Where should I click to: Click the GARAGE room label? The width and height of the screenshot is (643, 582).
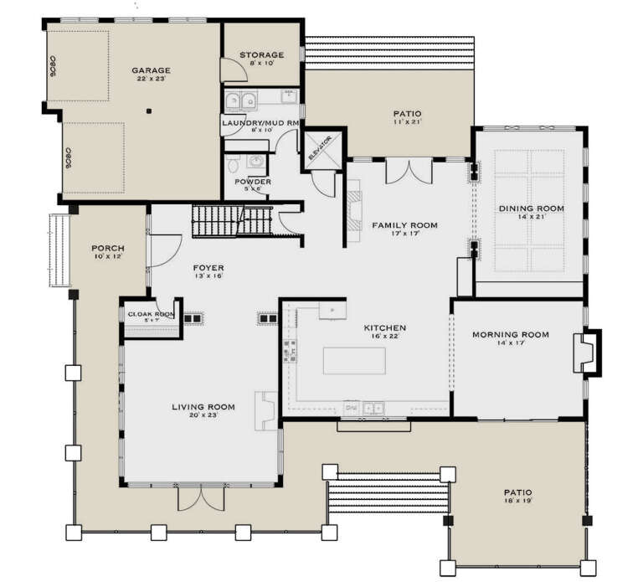[151, 70]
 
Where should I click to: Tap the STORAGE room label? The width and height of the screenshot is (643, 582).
[262, 55]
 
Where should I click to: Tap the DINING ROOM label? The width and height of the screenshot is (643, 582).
[531, 209]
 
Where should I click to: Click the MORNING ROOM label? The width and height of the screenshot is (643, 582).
[511, 335]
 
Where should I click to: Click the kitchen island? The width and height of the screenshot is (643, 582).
[355, 361]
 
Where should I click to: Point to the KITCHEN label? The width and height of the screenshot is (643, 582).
[384, 327]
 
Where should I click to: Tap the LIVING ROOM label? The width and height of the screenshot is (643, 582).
[203, 407]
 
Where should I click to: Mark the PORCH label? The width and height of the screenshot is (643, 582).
[109, 249]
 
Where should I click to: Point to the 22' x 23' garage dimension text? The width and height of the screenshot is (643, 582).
[151, 80]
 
